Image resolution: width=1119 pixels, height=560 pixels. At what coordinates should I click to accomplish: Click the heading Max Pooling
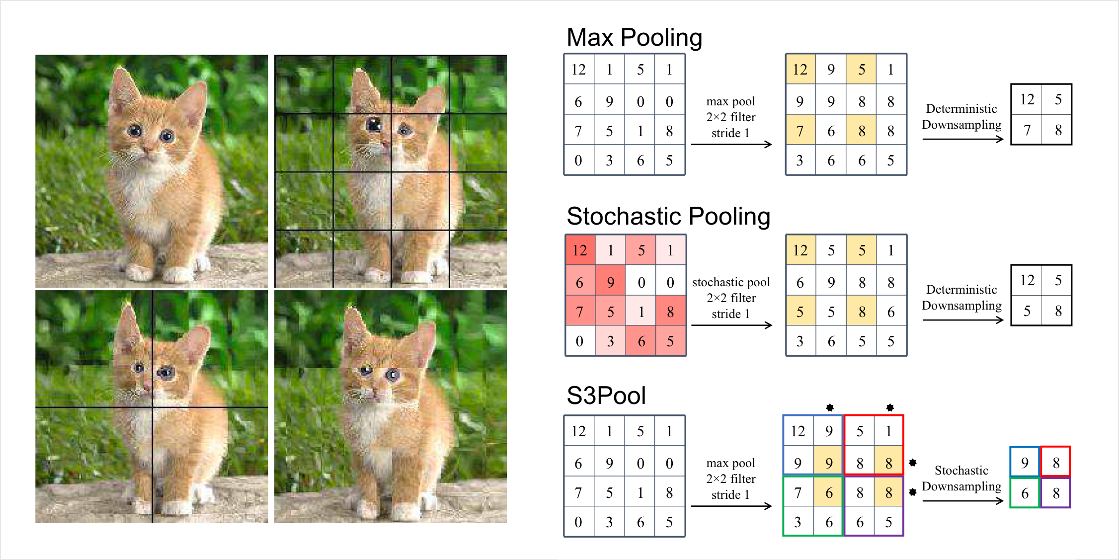(634, 38)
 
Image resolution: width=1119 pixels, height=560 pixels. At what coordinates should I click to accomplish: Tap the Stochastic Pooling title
(668, 217)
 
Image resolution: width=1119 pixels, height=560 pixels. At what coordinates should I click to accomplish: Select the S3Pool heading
(606, 396)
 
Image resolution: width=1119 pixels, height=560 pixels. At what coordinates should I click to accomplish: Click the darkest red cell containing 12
(580, 250)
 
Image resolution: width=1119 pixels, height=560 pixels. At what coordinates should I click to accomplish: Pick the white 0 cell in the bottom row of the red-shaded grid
(580, 341)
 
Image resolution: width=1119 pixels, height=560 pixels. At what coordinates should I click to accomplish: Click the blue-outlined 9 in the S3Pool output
(1025, 463)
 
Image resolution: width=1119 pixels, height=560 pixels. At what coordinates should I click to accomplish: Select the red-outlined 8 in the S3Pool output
(1055, 463)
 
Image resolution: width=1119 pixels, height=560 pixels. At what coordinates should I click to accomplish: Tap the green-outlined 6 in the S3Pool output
(1025, 493)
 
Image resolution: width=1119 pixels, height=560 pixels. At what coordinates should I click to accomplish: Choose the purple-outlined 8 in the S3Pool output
(1055, 493)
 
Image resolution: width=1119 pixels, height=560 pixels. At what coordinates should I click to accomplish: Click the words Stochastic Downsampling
(961, 479)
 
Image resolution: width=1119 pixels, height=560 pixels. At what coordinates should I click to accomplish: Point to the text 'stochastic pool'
(731, 282)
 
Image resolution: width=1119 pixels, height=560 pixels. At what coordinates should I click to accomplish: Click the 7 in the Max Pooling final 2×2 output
(1027, 130)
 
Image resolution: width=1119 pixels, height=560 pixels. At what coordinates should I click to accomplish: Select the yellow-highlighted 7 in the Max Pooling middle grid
(800, 130)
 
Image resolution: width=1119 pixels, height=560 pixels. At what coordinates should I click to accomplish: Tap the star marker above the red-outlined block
(890, 407)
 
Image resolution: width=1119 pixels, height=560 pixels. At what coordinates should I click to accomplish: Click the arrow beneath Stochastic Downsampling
(963, 501)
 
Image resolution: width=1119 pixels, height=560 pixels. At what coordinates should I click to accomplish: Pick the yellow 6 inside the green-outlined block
(828, 492)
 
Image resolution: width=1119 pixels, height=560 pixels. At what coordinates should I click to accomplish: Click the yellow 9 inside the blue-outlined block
(828, 463)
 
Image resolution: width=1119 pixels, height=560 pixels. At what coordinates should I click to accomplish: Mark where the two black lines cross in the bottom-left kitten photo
(153, 407)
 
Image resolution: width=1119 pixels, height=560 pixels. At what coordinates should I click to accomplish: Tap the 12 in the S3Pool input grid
(578, 431)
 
